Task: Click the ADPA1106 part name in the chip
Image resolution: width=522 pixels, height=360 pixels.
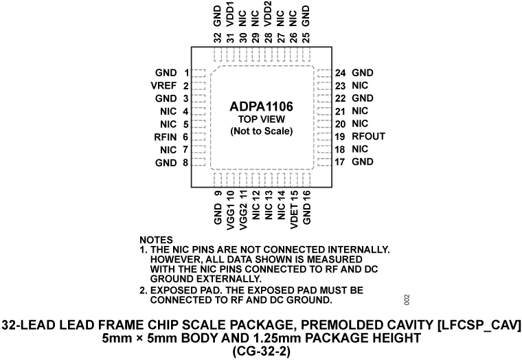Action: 261,106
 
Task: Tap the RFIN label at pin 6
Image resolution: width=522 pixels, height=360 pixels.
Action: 167,137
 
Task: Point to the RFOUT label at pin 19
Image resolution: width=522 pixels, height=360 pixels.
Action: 368,137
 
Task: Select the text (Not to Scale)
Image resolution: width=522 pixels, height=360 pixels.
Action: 261,131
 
